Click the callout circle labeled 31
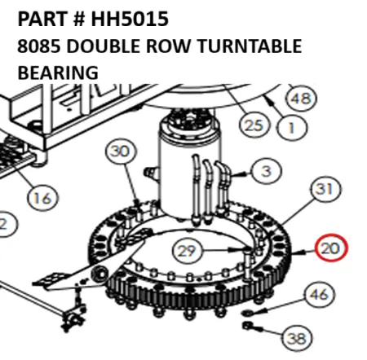pos(325,190)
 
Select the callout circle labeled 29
pos(187,250)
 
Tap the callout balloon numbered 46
pos(320,295)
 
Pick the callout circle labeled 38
pos(297,336)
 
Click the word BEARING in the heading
pos(58,72)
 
